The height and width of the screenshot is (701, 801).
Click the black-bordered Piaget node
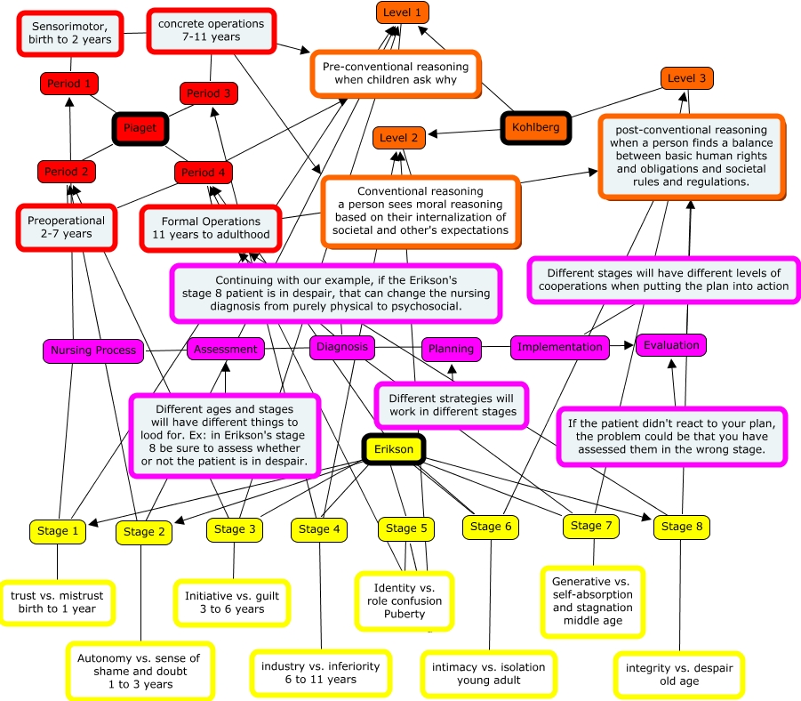click(x=140, y=128)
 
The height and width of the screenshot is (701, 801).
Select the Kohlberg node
click(x=535, y=127)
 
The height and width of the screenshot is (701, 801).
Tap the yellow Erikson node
click(x=393, y=449)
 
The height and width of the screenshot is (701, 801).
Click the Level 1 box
click(x=403, y=12)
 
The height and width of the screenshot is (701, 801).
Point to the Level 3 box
click(x=686, y=78)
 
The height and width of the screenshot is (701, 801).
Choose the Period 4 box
click(x=203, y=173)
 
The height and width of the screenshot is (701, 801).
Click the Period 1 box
click(x=69, y=84)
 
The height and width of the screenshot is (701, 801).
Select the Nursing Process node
click(x=93, y=350)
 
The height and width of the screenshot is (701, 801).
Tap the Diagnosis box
click(x=341, y=347)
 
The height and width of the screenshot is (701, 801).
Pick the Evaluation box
click(x=671, y=346)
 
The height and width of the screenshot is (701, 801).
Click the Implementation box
click(x=560, y=347)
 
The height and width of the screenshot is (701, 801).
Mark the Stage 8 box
click(x=682, y=527)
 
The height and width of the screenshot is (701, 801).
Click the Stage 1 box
click(x=58, y=531)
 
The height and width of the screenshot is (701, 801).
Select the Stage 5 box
click(x=406, y=528)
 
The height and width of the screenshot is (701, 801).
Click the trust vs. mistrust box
click(x=57, y=603)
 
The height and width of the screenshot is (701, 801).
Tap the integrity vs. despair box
click(x=679, y=675)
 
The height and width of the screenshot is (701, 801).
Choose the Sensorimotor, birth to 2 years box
click(x=70, y=33)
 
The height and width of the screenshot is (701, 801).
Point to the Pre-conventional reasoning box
click(x=396, y=74)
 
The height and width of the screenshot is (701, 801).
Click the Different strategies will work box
click(x=453, y=406)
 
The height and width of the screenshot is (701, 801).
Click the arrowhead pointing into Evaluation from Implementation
click(x=630, y=346)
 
